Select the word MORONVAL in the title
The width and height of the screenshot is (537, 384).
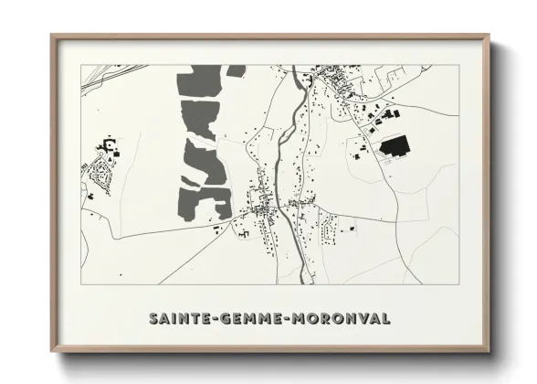pos(342,318)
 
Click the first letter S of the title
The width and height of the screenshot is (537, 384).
pos(153,318)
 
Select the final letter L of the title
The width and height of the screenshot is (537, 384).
pos(387,318)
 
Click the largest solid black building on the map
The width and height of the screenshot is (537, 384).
pos(393,147)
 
